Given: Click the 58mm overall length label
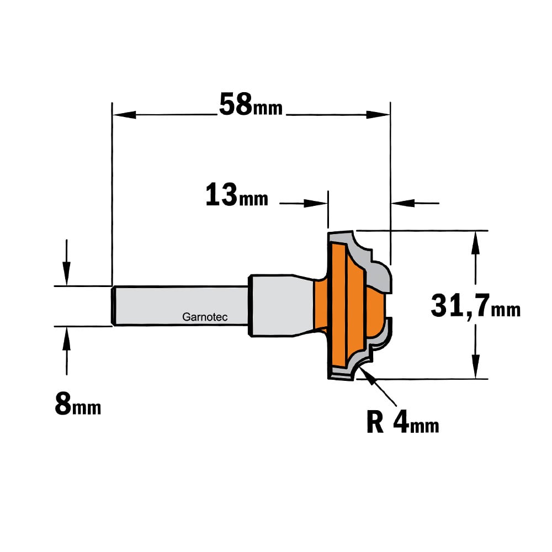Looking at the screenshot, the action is (251, 104).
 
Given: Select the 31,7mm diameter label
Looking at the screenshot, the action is (476, 306).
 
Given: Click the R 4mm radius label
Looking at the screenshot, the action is (403, 422).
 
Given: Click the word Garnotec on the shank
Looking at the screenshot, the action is (205, 317).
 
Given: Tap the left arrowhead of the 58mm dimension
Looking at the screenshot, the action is (124, 115).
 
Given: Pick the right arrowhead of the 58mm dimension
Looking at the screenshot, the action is (378, 115).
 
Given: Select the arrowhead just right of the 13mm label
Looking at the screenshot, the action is (316, 203).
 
